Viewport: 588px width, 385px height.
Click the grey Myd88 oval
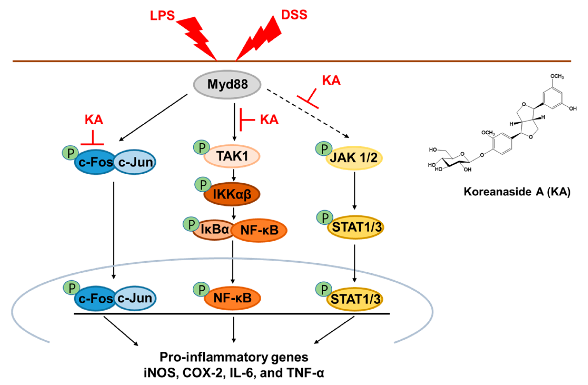227,84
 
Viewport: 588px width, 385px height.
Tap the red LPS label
162,16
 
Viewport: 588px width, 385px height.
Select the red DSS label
294,15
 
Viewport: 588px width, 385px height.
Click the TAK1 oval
232,156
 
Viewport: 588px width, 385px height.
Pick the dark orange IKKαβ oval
232,194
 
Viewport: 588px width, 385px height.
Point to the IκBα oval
214,230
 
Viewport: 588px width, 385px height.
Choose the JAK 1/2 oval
354,158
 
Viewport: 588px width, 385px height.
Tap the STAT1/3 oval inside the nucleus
355,299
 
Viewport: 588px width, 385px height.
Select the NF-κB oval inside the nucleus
232,298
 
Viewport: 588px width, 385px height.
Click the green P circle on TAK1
202,147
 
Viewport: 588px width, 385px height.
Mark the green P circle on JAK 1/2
324,149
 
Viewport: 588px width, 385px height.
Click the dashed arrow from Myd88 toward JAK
308,114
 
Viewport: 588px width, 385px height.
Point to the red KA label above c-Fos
94,120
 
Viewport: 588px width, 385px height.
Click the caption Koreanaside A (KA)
517,192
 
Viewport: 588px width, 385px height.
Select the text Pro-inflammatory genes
234,357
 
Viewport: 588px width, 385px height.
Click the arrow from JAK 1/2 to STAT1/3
354,190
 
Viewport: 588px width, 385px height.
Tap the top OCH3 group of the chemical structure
557,76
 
